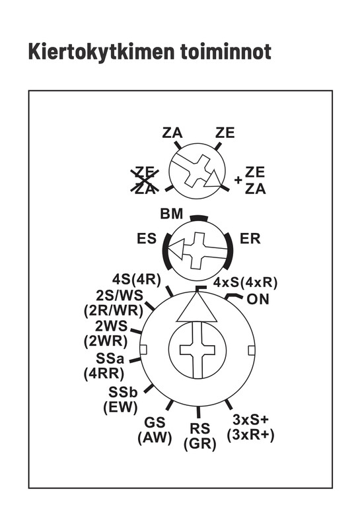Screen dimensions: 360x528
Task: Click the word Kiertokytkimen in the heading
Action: (100, 53)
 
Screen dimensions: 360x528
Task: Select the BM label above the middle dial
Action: (172, 214)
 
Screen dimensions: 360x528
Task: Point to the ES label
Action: (147, 239)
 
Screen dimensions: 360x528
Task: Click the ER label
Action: (250, 239)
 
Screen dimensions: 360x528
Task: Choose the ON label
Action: (258, 299)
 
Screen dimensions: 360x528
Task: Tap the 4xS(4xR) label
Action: (245, 282)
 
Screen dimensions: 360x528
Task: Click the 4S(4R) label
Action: (137, 279)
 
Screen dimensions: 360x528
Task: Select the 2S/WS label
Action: (120, 296)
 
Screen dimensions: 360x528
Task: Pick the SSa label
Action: (110, 358)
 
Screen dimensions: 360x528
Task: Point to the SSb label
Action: (123, 392)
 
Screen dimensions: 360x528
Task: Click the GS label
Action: (155, 422)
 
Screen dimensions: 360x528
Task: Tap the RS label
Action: (200, 428)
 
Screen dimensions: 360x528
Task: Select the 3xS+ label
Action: (251, 420)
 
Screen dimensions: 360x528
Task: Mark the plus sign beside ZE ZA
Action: (238, 180)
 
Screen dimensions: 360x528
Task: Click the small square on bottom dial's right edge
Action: (251, 350)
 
